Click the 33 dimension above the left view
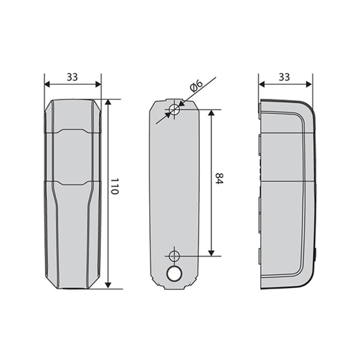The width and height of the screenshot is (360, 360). tap(72, 77)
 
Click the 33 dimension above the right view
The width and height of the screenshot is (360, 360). tap(284, 77)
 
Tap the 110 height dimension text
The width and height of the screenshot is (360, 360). tap(115, 186)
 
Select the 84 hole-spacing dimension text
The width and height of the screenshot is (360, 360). tap(219, 178)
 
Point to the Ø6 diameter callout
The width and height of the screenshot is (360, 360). tap(196, 85)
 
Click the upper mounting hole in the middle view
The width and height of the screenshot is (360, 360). tap(174, 109)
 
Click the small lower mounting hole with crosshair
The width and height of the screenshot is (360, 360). tap(174, 256)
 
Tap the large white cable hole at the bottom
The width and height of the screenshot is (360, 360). tap(174, 274)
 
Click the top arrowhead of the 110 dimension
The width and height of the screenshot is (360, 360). tap(108, 102)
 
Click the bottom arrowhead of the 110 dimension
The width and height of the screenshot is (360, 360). tap(108, 285)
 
